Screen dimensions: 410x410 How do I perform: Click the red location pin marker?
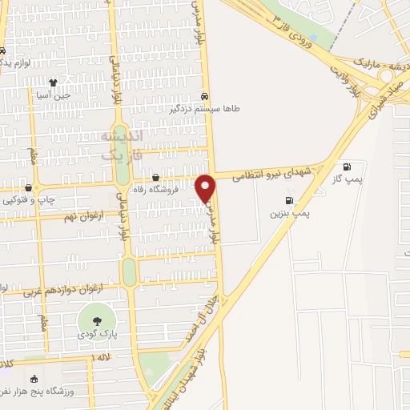pos(206,187)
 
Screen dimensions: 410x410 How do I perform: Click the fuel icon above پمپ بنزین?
pos(288,200)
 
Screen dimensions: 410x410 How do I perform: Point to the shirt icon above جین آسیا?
pos(54,82)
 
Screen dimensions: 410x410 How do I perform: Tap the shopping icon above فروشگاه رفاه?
pos(155,178)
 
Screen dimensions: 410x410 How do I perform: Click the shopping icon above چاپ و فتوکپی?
pos(28,187)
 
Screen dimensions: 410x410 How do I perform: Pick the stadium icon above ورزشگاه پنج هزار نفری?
pos(33,380)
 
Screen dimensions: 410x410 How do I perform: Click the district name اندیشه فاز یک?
pos(120,144)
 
